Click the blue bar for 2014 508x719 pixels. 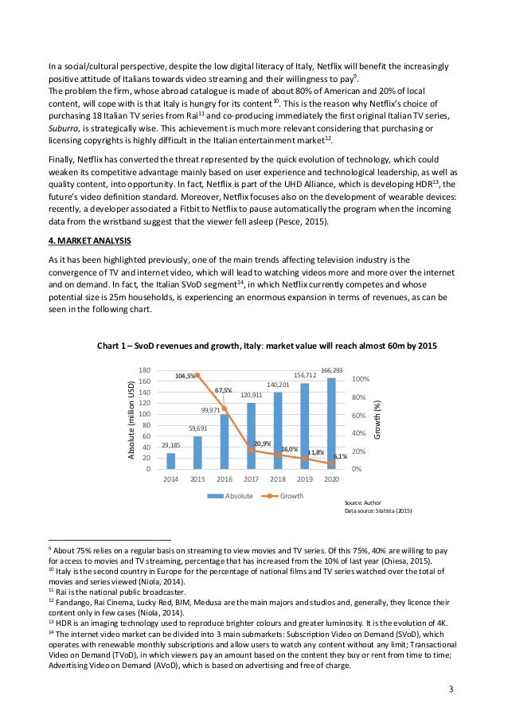point(170,461)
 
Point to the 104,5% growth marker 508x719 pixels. point(197,375)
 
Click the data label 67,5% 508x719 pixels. point(224,390)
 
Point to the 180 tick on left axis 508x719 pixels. point(145,370)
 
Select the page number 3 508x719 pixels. point(451,688)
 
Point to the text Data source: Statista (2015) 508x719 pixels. point(378,511)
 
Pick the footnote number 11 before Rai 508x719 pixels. point(52,592)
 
